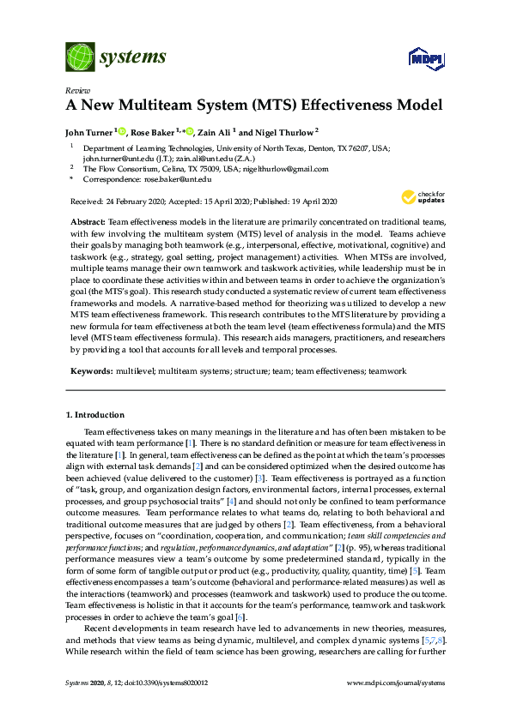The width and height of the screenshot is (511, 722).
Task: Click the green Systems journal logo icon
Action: click(x=80, y=57)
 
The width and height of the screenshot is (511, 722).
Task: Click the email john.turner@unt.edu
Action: click(x=115, y=159)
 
